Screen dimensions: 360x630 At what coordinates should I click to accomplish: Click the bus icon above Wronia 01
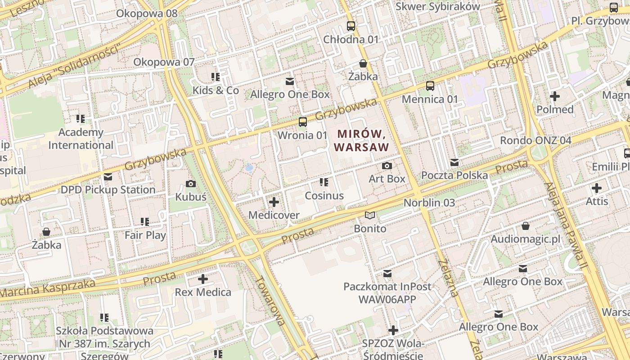tap(303, 121)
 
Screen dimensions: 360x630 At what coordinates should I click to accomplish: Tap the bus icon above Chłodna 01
tap(351, 26)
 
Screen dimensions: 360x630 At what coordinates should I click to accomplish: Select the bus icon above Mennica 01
tap(430, 85)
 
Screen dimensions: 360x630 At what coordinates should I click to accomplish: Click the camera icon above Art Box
tap(387, 166)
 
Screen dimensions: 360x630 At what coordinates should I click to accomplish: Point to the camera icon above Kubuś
tap(191, 184)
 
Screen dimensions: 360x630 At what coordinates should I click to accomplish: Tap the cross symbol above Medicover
tap(274, 202)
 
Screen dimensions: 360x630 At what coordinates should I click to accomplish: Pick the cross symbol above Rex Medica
tap(203, 279)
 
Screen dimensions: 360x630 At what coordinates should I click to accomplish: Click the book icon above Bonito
tap(370, 216)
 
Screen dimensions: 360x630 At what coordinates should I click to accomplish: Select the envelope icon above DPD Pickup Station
tap(108, 177)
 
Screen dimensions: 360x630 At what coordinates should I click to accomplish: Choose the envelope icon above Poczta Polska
tap(454, 162)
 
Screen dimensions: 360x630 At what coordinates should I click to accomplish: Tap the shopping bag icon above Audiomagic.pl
tap(526, 226)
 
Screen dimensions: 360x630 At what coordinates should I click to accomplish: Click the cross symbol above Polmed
tap(555, 96)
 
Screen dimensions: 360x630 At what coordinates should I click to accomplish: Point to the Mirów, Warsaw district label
tap(361, 140)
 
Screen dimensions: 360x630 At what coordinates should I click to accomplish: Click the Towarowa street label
tap(270, 300)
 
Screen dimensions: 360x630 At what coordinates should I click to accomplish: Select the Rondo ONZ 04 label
tap(535, 140)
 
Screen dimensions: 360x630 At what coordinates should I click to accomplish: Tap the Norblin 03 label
tap(429, 202)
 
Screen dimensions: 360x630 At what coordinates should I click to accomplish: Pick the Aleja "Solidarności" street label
tap(75, 66)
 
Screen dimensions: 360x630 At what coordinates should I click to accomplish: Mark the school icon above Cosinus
tap(324, 182)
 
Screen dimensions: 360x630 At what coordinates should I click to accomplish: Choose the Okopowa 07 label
tap(164, 62)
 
